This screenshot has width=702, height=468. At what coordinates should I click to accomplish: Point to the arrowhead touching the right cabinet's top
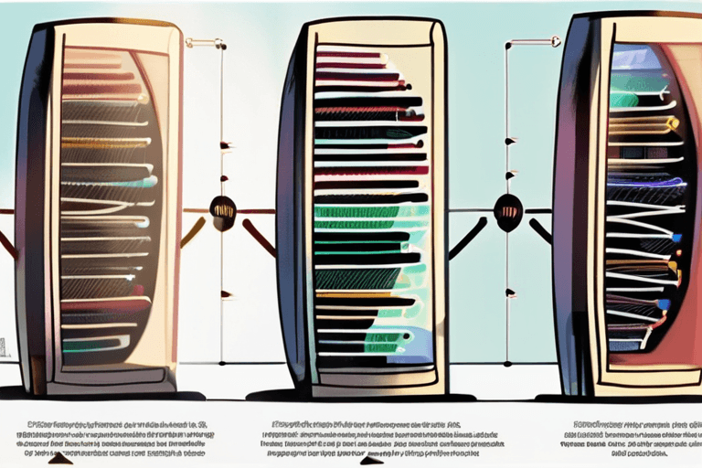554,40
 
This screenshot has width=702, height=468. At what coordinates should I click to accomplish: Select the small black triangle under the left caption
60,458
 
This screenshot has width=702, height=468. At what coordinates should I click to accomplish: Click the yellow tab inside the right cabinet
674,268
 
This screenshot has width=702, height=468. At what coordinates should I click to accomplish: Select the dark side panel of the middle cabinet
293,210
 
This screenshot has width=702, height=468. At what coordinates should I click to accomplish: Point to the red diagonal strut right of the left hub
259,237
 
